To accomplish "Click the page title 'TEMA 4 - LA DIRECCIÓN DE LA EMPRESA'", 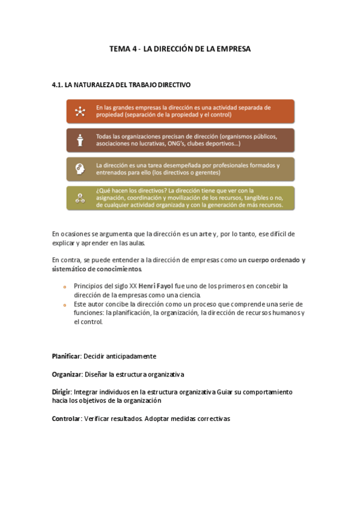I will (x=180, y=49).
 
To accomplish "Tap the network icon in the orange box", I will (x=79, y=112).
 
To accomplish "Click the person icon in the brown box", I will (x=79, y=141).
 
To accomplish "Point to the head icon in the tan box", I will (x=79, y=169).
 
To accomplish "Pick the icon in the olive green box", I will (x=79, y=198).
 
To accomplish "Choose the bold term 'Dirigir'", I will (x=61, y=392).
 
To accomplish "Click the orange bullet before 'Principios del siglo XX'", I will (x=64, y=286).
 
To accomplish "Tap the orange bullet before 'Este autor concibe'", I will (x=64, y=304).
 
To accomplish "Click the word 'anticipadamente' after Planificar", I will (x=130, y=356).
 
